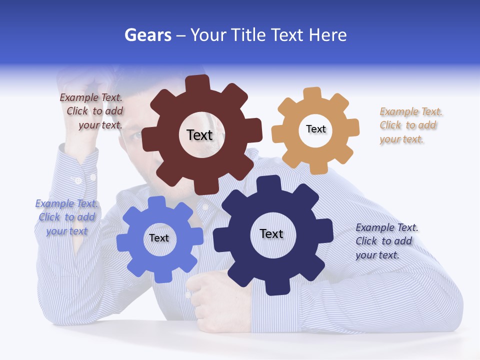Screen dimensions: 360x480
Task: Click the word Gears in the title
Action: pyautogui.click(x=148, y=35)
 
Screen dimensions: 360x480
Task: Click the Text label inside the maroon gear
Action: pyautogui.click(x=199, y=135)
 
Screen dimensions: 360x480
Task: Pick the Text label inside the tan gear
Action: pyautogui.click(x=315, y=129)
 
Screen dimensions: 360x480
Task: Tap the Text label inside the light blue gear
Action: pyautogui.click(x=159, y=238)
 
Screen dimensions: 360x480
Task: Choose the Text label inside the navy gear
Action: pyautogui.click(x=271, y=233)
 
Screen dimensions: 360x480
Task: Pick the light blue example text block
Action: pyautogui.click(x=66, y=217)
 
